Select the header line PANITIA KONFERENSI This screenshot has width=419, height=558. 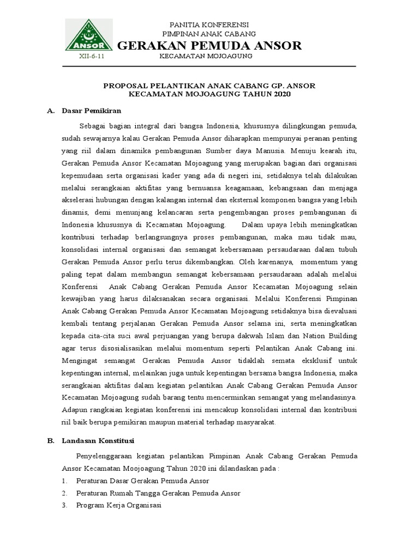point(209,25)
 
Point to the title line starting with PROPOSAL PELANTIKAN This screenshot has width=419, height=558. point(209,86)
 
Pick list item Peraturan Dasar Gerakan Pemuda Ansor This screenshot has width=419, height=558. point(142,481)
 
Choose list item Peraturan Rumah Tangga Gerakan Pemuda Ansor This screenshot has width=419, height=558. point(158,493)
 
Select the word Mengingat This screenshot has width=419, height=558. point(81,361)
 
